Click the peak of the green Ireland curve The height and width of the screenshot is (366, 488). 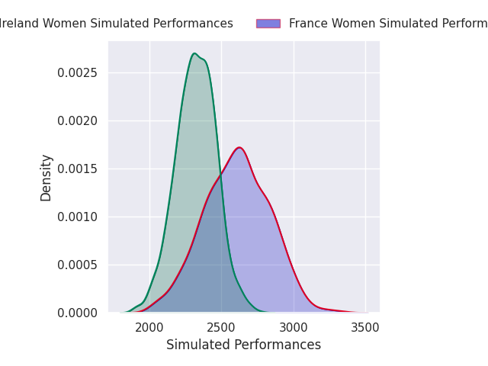click(194, 53)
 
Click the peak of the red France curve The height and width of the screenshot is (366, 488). click(239, 147)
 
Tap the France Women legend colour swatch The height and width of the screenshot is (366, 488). click(268, 24)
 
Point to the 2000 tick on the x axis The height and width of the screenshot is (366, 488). click(149, 328)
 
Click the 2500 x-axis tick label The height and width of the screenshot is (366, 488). click(221, 328)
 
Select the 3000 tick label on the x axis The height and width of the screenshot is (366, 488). click(294, 328)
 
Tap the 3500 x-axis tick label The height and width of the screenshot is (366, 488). click(365, 328)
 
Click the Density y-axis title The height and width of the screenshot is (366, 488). click(47, 178)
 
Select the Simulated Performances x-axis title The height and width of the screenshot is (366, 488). click(243, 345)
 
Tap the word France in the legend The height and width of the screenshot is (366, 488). click(307, 24)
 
